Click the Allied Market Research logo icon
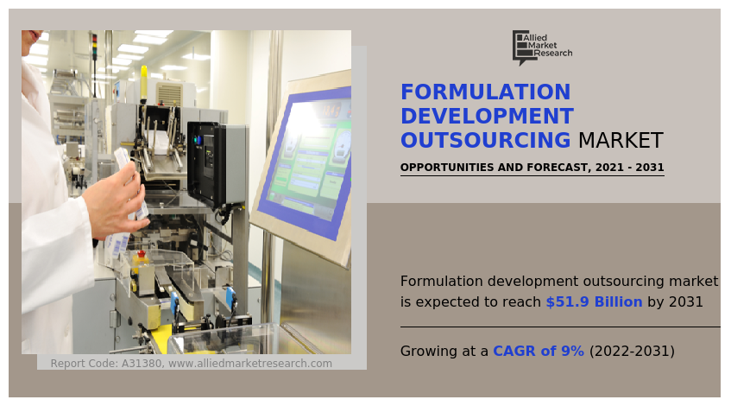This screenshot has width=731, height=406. point(521,47)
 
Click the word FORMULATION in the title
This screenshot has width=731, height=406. point(486,93)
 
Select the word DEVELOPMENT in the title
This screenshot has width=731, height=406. point(487,117)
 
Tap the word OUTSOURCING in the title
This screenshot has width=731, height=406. point(486,140)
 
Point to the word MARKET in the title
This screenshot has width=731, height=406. point(621,140)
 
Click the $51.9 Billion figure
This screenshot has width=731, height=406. point(594,302)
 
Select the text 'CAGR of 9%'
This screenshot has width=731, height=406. point(539,352)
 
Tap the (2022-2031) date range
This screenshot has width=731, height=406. point(632,352)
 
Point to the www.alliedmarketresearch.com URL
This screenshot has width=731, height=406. point(250,364)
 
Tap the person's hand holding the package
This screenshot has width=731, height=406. point(112,199)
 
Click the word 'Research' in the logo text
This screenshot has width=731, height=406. point(552,54)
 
